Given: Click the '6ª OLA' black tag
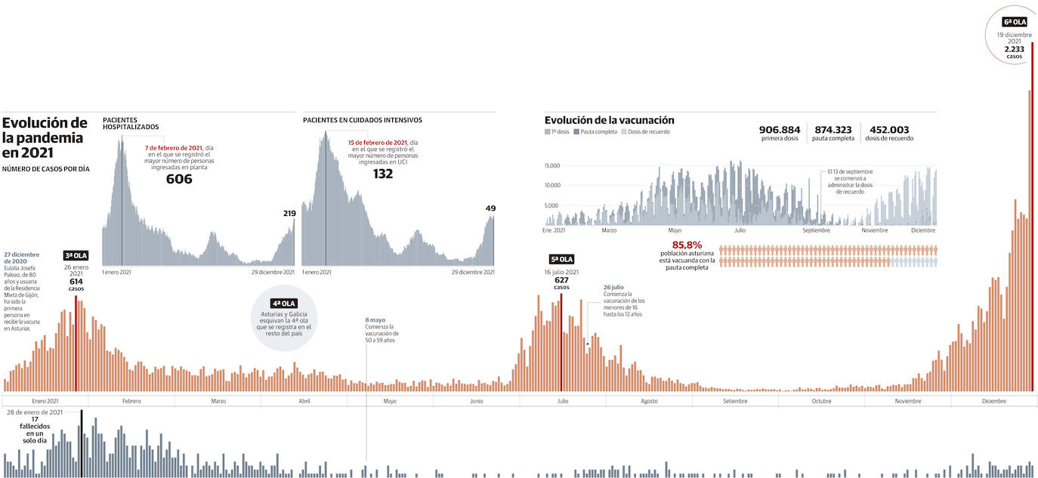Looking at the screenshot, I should [1014, 22].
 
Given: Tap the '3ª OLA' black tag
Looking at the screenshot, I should [76, 255].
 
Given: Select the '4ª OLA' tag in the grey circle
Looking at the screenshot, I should [284, 303].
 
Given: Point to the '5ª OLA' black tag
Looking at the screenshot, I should [561, 259].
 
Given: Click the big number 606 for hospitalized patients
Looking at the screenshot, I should [179, 179].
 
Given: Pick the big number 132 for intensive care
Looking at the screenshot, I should [383, 174].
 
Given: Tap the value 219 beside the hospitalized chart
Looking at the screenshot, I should [288, 214].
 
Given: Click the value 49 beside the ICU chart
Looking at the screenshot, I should [490, 208].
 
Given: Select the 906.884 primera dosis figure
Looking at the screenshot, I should [779, 129].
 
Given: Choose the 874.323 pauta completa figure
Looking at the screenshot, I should [833, 129].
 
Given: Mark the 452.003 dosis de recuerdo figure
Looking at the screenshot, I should [889, 129].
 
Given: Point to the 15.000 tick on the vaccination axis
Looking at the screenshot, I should [551, 165].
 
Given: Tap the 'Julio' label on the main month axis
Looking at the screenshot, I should [562, 401].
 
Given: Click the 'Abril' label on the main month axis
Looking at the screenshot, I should [304, 401].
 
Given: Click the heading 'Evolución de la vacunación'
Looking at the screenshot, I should [609, 120].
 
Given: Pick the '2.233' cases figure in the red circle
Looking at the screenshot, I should [1013, 49].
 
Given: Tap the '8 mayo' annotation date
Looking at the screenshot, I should [375, 320].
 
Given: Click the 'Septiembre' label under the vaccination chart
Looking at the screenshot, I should [816, 230].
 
